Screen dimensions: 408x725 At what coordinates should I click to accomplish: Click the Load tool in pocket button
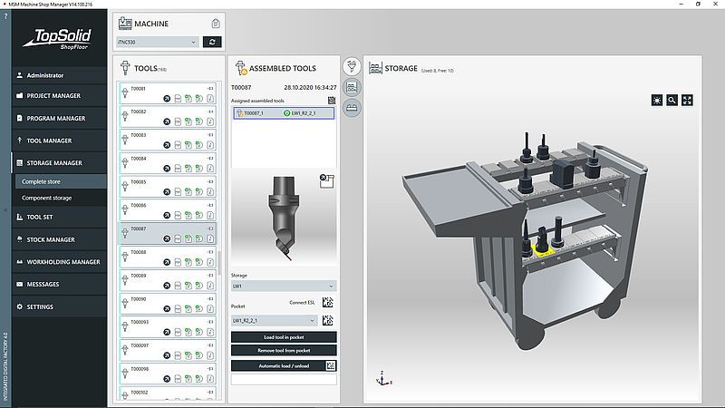(284, 337)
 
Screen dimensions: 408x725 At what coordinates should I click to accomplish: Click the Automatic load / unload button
(278, 365)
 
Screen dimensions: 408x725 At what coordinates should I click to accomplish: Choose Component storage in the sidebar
(46, 198)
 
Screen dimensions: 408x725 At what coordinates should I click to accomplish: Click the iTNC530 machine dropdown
(157, 42)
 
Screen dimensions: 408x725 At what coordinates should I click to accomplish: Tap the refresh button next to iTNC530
(211, 42)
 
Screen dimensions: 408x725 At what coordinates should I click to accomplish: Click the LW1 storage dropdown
(284, 286)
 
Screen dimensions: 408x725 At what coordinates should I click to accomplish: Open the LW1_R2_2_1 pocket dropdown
(275, 320)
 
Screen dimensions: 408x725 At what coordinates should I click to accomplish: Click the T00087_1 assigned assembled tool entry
(256, 113)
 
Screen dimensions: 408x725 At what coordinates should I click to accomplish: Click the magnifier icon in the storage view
(672, 101)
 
